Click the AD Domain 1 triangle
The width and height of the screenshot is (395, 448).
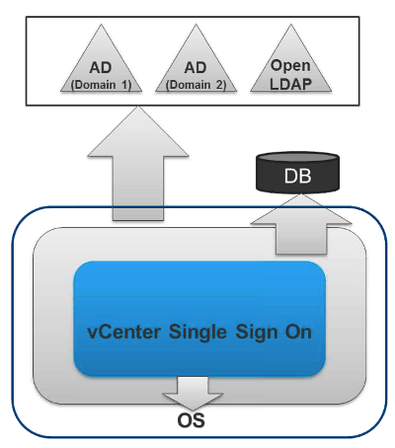pos(101,66)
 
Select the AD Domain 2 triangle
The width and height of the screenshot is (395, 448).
pos(196,66)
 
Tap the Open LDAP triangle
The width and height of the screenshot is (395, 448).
pos(290,66)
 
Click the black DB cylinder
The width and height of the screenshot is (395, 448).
pos(297,173)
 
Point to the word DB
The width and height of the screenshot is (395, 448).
pos(297,176)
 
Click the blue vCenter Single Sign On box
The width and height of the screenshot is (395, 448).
pos(199,319)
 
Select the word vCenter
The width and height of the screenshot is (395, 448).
pos(124,332)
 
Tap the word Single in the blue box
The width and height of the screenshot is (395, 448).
pos(197,333)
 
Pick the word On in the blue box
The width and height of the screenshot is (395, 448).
pos(298,332)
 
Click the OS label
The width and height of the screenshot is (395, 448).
pos(191,420)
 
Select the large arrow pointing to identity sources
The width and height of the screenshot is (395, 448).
pos(138,164)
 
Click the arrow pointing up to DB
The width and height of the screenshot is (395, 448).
pos(301,224)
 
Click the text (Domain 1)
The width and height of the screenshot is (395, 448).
pos(101,85)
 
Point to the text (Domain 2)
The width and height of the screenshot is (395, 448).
pos(196,85)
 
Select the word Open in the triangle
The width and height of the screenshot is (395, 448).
pos(290,66)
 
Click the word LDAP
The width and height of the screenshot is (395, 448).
pos(290,84)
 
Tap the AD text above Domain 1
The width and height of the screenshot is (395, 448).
pos(101,68)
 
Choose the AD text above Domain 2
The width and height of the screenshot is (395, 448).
pos(196,68)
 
